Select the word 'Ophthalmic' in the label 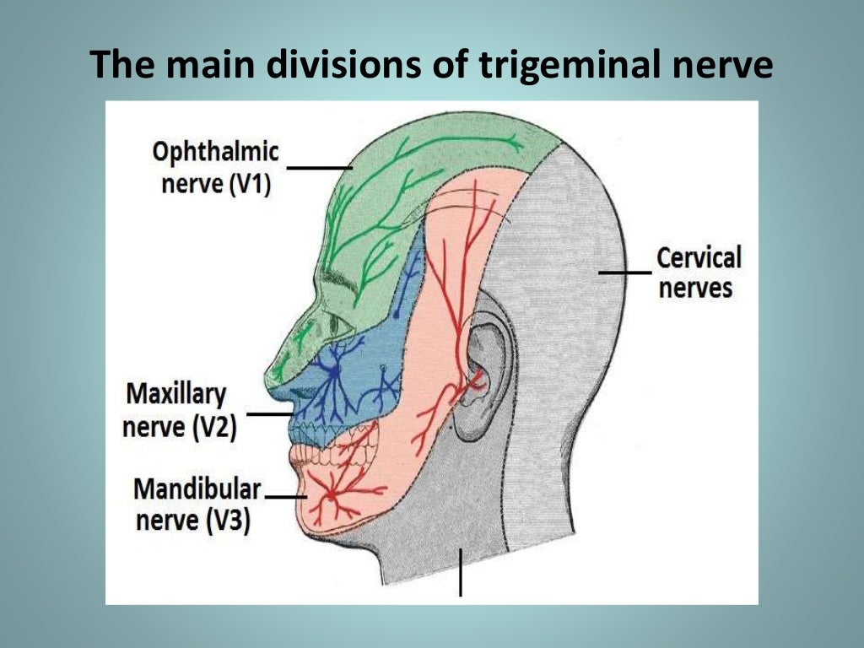[x=215, y=153]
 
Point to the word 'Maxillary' [x=176, y=394]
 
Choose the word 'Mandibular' [x=197, y=489]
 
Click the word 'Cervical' [x=699, y=257]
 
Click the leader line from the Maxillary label [x=269, y=414]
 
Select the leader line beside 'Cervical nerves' [x=625, y=272]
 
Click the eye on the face [x=337, y=322]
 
